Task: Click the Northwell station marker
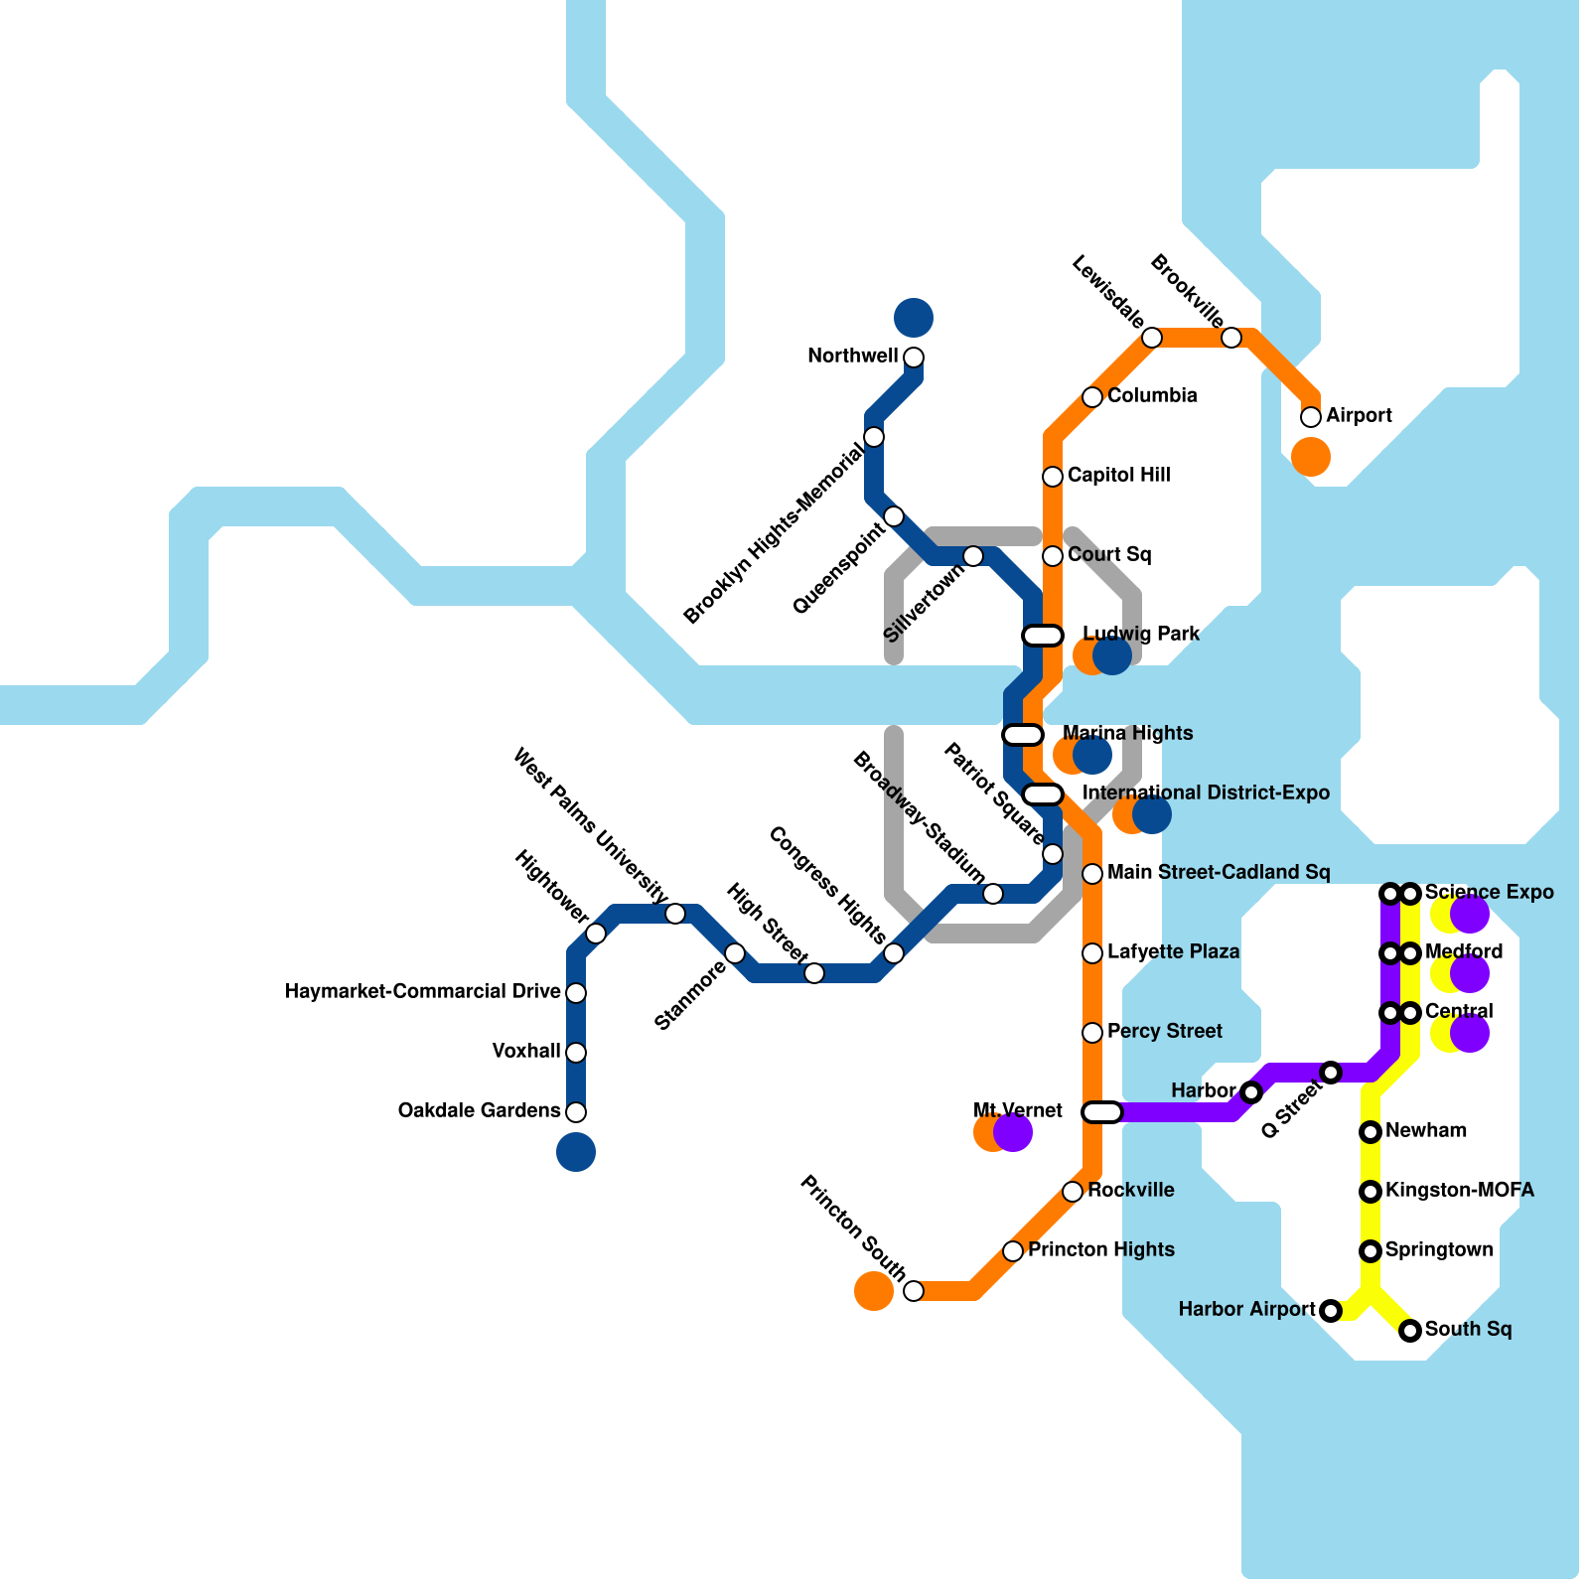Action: pos(914,358)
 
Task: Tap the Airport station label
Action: pos(1359,416)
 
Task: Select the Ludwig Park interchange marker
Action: pos(1043,636)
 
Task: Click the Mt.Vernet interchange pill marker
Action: pos(1102,1112)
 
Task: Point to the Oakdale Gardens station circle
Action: pos(576,1112)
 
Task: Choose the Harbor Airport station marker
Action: pos(1331,1311)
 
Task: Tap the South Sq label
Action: pos(1468,1330)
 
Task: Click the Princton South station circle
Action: pos(914,1291)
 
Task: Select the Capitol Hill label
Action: pos(1118,476)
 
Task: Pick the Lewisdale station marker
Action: pos(1152,338)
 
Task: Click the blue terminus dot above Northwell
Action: pos(914,318)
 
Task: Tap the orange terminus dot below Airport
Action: pos(1311,457)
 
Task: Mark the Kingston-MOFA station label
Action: pos(1459,1191)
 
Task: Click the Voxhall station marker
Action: pos(576,1053)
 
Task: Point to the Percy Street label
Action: pos(1164,1032)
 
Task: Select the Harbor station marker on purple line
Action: pos(1251,1092)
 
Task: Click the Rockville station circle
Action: pos(1073,1192)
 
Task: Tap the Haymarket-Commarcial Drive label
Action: pos(422,992)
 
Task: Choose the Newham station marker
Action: pos(1371,1132)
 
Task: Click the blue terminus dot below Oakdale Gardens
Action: pos(576,1152)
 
